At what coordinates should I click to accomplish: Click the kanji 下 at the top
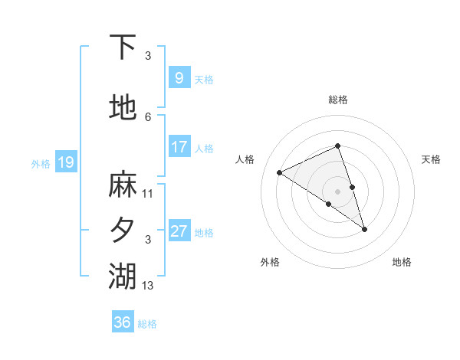pyautogui.click(x=123, y=47)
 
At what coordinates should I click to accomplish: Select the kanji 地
pyautogui.click(x=123, y=108)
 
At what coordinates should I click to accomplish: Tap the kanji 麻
pyautogui.click(x=123, y=185)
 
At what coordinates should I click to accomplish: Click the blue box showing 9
pyautogui.click(x=178, y=78)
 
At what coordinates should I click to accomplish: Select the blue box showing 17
pyautogui.click(x=179, y=147)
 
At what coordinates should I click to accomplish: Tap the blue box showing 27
pyautogui.click(x=179, y=231)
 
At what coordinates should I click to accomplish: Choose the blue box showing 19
pyautogui.click(x=65, y=162)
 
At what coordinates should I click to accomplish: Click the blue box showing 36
pyautogui.click(x=122, y=322)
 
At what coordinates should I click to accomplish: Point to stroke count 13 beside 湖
pyautogui.click(x=149, y=286)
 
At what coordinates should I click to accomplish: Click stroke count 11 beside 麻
pyautogui.click(x=149, y=193)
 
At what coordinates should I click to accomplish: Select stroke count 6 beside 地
pyautogui.click(x=149, y=116)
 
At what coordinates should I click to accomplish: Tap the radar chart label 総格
pyautogui.click(x=338, y=100)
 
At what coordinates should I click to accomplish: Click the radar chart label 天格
pyautogui.click(x=431, y=159)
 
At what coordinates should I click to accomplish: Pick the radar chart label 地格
pyautogui.click(x=402, y=262)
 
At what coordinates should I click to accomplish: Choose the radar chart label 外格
pyautogui.click(x=270, y=262)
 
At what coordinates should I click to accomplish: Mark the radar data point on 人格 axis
pyautogui.click(x=280, y=172)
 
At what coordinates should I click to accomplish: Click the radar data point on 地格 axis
pyautogui.click(x=364, y=229)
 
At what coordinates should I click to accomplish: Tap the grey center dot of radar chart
pyautogui.click(x=338, y=191)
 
